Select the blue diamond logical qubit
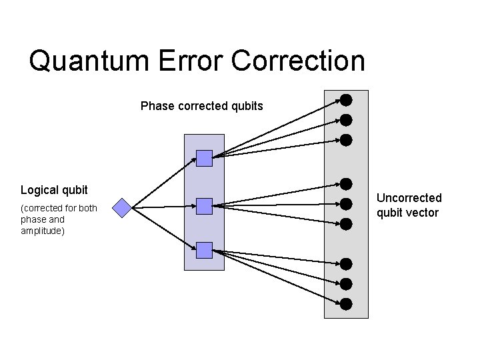pos(123,208)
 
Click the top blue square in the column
pos(205,158)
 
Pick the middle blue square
pos(205,206)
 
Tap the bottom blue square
pos(205,251)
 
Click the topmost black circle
pos(346,101)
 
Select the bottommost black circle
pos(346,304)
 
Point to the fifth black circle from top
pos(346,203)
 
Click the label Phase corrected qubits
pos(202,106)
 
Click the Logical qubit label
pos(54,190)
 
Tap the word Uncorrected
pos(409,198)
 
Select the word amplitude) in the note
pos(43,231)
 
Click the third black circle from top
pos(346,140)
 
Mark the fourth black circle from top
pos(346,183)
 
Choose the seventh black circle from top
pos(346,264)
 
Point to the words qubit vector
pos(407,213)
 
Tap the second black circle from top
pos(346,120)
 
